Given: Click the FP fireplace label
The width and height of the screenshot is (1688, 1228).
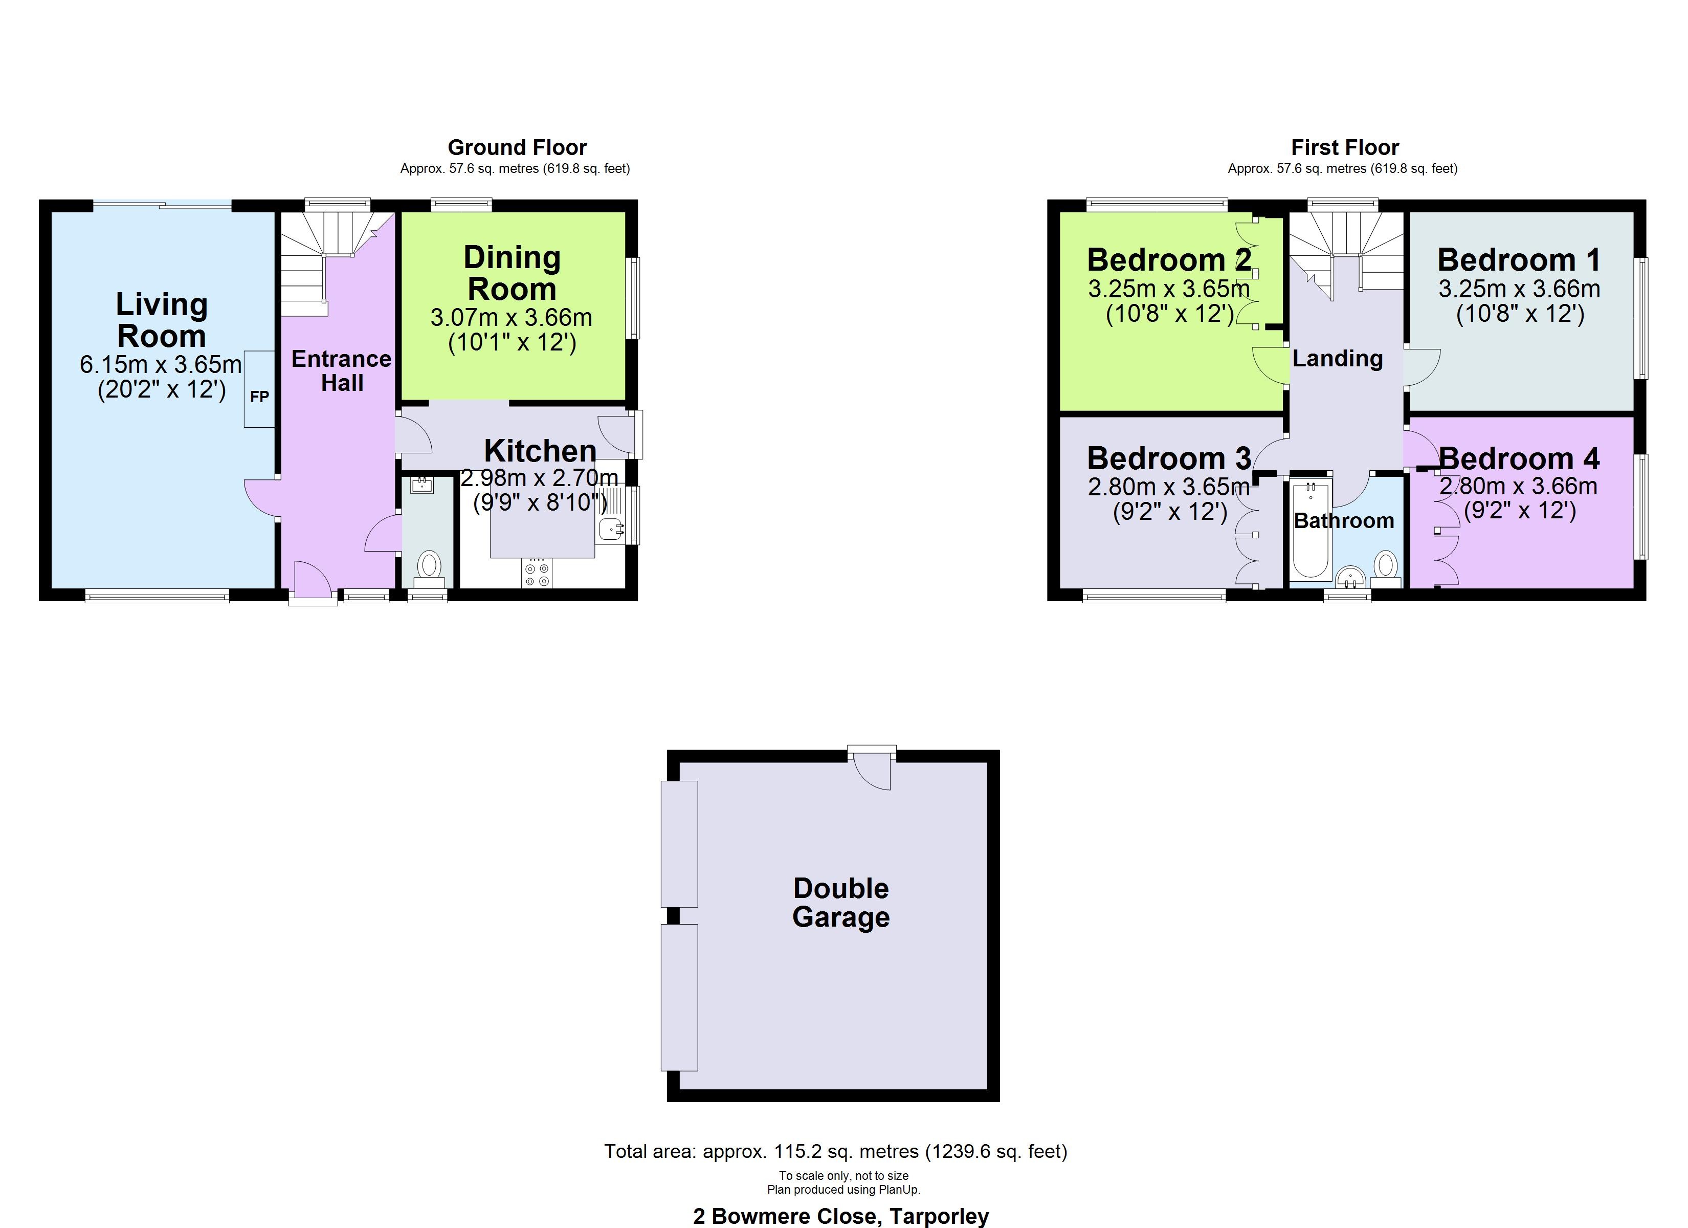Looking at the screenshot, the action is point(259,397).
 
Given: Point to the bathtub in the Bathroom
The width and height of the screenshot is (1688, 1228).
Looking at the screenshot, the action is point(1311,530).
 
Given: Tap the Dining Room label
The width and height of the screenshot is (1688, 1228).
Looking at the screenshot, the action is point(512,273).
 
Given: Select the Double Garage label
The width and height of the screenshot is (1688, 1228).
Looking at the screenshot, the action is point(841,903).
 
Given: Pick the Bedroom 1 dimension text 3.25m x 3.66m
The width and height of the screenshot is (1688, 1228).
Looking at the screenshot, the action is point(1519,289).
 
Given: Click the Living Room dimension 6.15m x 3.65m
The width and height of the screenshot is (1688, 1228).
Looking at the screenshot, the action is point(161,365).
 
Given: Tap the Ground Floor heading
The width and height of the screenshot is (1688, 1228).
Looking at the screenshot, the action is point(517,147).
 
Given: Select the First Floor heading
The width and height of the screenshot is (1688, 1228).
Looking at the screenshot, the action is point(1345,147).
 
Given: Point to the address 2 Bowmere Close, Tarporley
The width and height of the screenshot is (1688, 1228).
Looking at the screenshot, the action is point(841,1216).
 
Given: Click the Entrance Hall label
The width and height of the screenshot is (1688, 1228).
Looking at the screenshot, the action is point(342,371).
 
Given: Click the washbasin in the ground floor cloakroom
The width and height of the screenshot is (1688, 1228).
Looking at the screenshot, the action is point(422,486).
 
